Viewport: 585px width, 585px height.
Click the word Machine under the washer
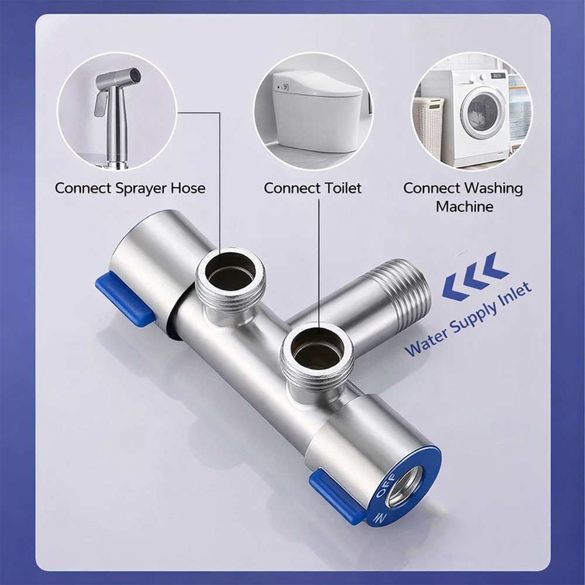(x=464, y=207)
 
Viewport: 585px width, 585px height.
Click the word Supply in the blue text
(x=472, y=318)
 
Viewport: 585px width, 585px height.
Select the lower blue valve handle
(x=338, y=497)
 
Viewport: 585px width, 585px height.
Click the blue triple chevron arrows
(x=475, y=276)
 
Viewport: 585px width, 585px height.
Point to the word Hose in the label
(x=188, y=188)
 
